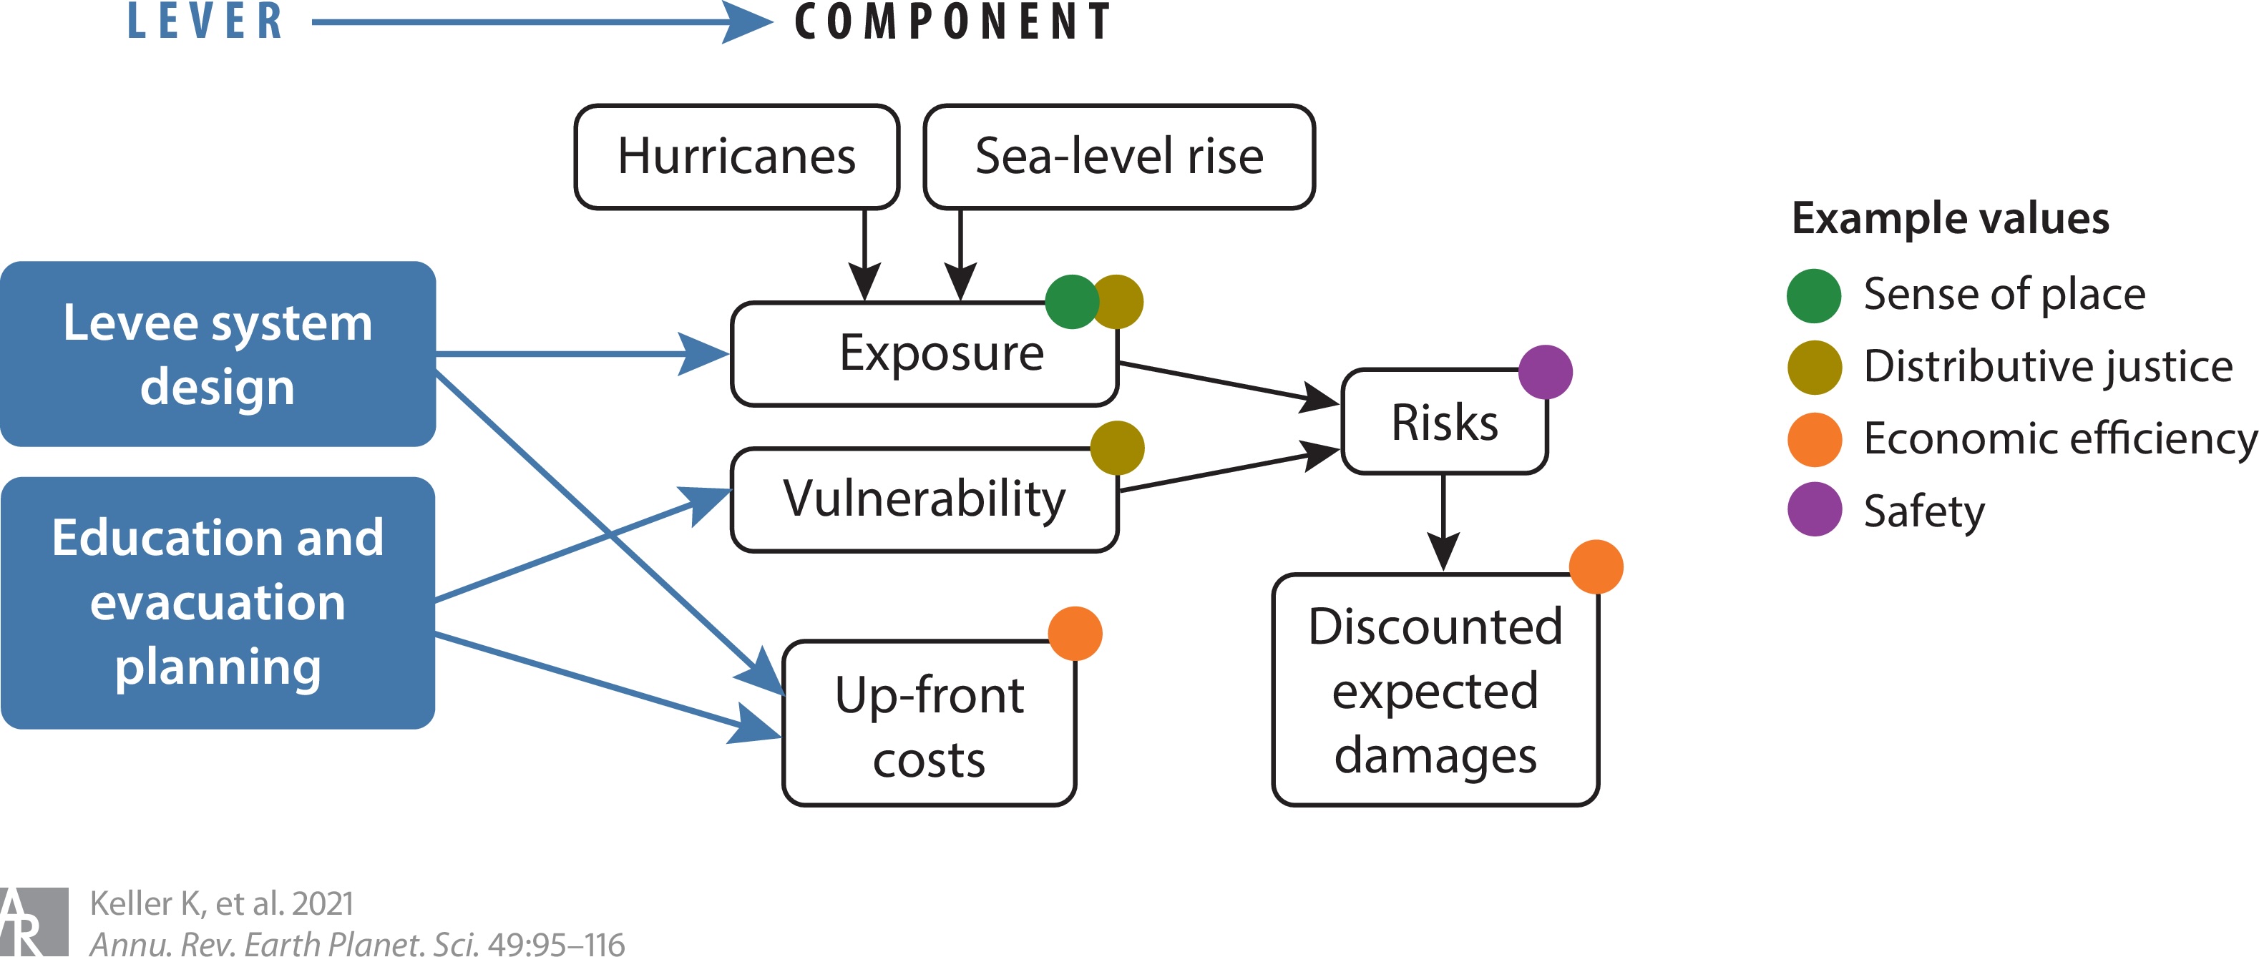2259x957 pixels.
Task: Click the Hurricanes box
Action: point(736,157)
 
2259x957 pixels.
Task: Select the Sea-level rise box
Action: point(1119,157)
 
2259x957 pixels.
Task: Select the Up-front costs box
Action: point(930,724)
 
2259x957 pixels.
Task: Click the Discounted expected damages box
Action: point(1435,689)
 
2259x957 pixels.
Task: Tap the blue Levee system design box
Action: point(218,354)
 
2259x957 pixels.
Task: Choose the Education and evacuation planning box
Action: point(218,602)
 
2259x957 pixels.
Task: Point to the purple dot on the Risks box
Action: point(1545,372)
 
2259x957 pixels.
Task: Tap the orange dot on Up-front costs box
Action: point(1075,633)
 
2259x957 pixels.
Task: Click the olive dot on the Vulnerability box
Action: point(1117,448)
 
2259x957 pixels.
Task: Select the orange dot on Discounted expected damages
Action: point(1596,566)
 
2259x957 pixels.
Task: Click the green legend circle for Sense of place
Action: point(1813,295)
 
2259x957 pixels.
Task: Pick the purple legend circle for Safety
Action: point(1813,509)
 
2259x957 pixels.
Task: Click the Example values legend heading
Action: point(1951,218)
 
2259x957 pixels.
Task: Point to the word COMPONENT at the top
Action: point(953,22)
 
